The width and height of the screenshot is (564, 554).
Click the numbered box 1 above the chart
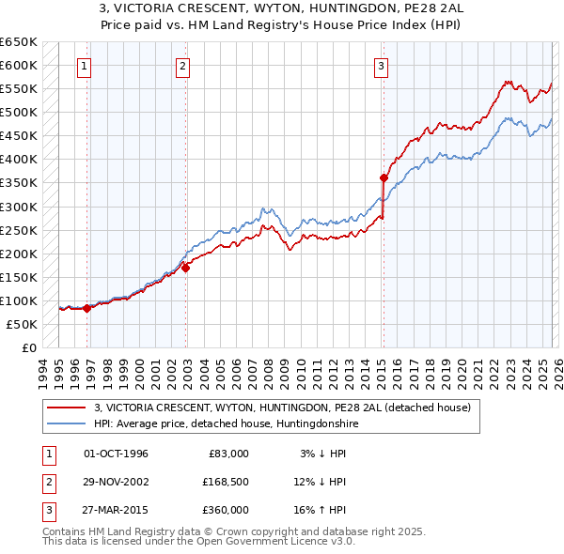(85, 66)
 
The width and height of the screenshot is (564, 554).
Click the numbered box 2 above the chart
(182, 66)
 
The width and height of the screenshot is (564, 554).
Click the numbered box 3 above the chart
(381, 66)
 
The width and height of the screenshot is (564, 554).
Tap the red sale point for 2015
(384, 177)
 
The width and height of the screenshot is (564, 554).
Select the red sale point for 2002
(186, 268)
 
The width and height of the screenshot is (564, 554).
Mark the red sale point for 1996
(87, 308)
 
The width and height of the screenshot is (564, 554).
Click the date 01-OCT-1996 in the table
(116, 454)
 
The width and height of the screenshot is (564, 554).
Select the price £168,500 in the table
(226, 482)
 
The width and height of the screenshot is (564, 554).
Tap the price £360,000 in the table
(226, 510)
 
